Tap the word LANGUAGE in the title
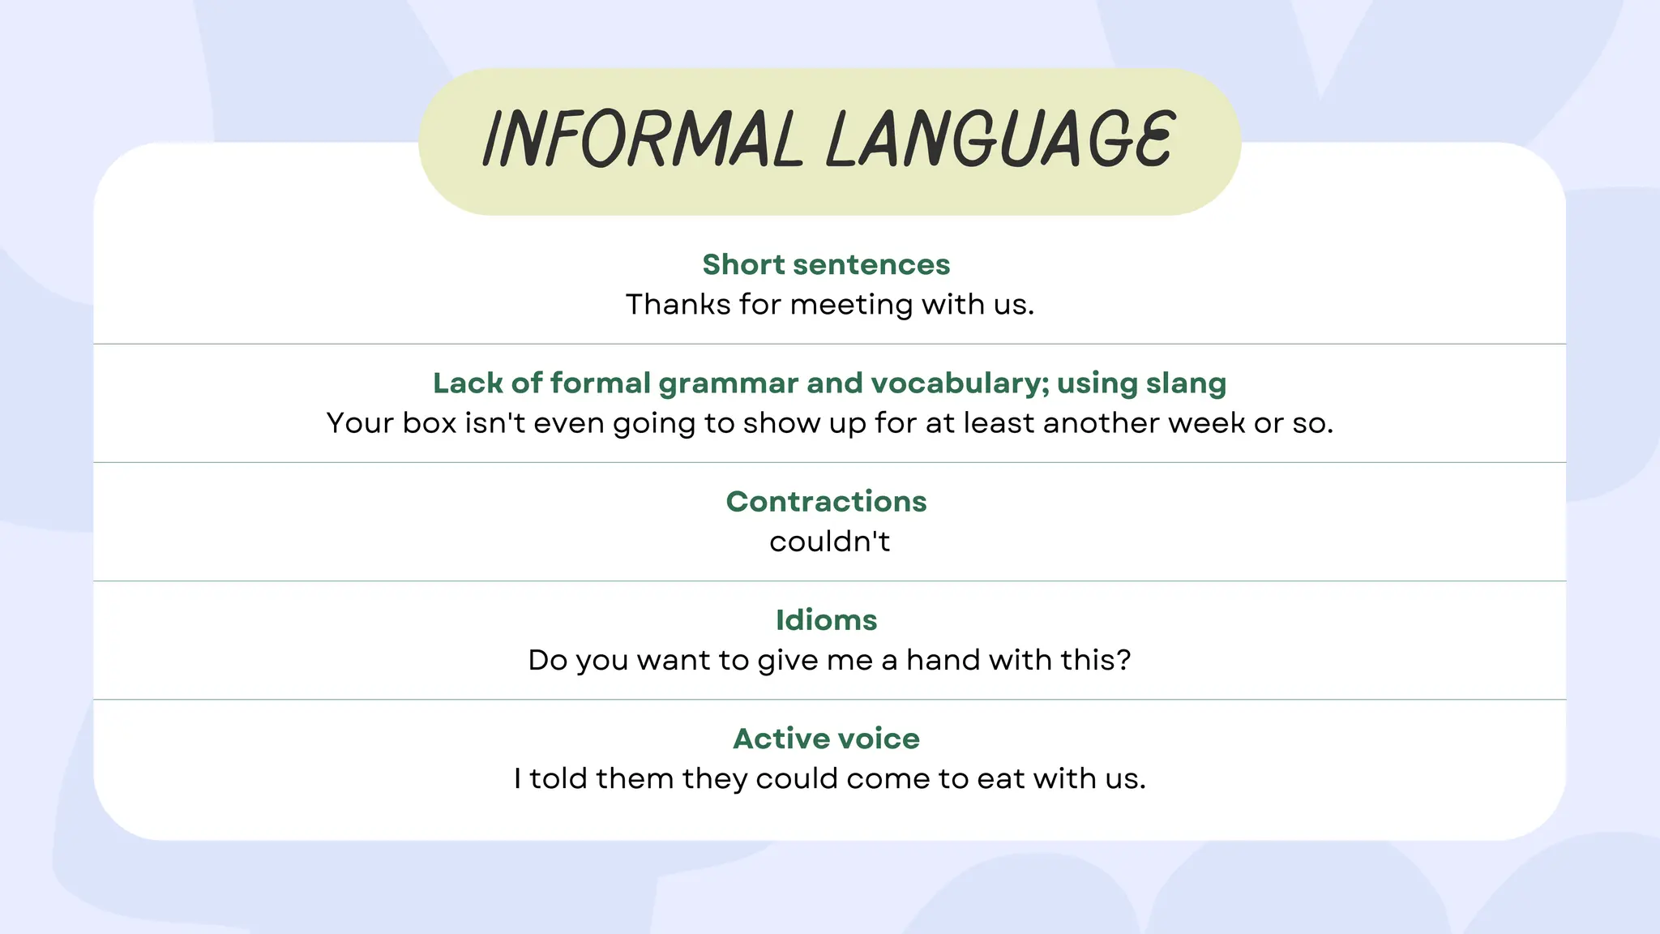[x=1000, y=139]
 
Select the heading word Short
[x=743, y=264]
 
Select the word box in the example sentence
[x=430, y=423]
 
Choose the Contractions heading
[x=826, y=502]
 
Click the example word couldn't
[x=829, y=542]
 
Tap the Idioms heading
[x=826, y=620]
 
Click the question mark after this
[x=1123, y=660]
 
